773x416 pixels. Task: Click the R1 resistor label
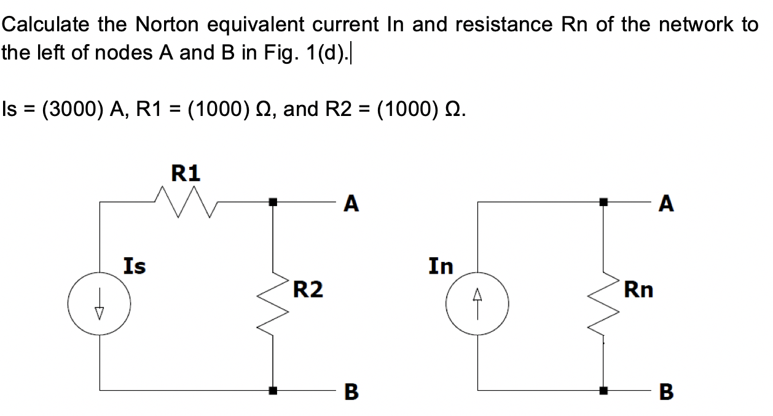point(185,174)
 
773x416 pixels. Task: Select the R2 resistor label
point(307,288)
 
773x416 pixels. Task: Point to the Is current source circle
point(99,304)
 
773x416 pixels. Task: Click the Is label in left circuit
point(135,266)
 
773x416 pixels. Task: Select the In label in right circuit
point(440,266)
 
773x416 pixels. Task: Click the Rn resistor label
point(638,288)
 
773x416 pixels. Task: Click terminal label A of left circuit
point(351,203)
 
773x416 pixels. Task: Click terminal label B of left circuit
point(351,391)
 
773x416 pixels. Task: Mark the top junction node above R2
point(273,201)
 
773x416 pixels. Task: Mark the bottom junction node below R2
point(273,389)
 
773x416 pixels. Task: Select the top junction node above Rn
point(603,201)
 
